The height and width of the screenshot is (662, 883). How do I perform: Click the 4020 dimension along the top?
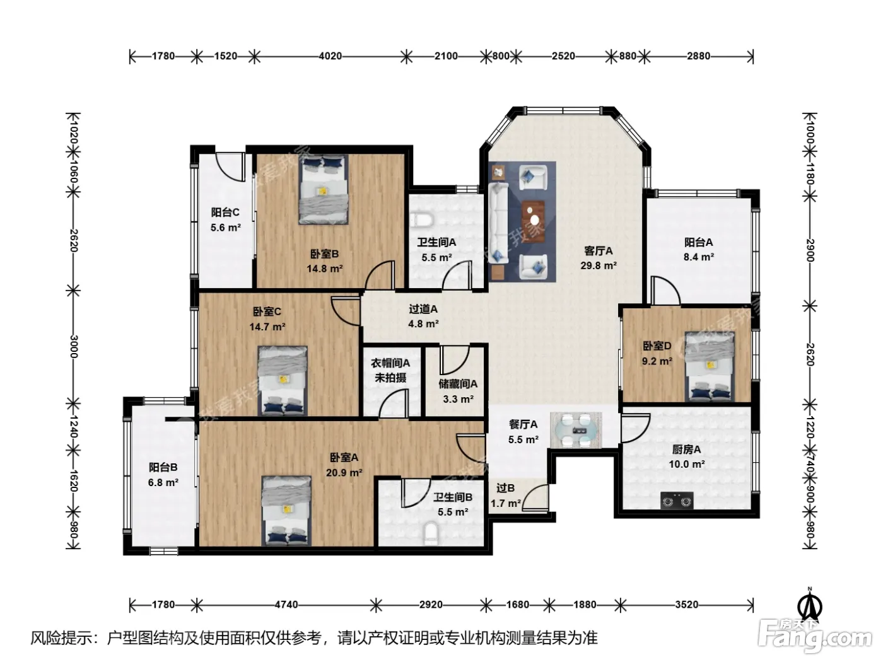coord(330,56)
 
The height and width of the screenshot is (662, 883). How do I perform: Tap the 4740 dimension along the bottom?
coord(286,605)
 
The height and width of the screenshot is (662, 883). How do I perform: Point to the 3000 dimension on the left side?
coord(74,346)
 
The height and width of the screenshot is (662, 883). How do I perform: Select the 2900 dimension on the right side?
coord(810,250)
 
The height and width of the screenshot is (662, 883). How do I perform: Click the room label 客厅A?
coord(598,251)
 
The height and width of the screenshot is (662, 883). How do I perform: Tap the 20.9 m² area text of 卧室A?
coord(344,473)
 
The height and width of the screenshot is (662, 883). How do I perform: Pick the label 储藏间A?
coord(458,384)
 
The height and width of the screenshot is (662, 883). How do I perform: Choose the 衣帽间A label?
coord(390,363)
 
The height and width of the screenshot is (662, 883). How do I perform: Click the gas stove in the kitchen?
coord(677,501)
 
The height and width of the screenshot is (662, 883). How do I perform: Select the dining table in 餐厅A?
coord(576,430)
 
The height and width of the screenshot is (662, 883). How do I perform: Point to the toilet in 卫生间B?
coord(431,534)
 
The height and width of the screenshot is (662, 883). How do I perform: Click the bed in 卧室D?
coord(710,366)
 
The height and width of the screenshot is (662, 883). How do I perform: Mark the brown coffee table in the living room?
coord(533,217)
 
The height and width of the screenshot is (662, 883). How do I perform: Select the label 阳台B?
coord(163,467)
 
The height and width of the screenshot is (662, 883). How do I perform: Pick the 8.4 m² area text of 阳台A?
coord(699,257)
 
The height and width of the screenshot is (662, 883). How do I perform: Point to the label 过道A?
coord(423,309)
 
